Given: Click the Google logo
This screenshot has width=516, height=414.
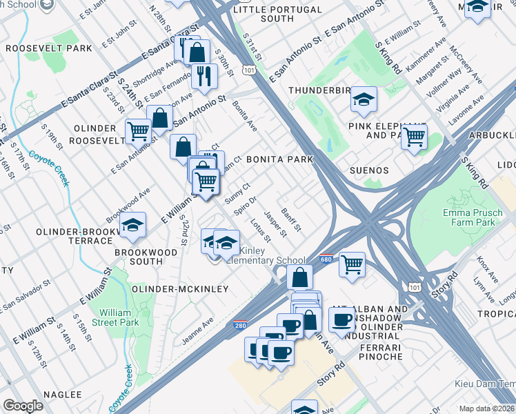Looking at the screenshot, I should (23, 406).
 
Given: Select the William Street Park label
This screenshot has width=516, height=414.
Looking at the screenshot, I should (119, 317).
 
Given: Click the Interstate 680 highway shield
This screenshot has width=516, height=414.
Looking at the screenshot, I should (326, 259).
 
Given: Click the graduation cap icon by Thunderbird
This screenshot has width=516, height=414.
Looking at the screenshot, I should (364, 100).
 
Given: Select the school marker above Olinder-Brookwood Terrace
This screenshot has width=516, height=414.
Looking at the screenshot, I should (132, 225).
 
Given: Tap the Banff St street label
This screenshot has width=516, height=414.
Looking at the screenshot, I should (291, 220).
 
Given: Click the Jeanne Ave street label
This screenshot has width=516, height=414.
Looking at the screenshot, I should (198, 332).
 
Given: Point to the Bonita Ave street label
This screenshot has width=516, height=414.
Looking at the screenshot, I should (244, 116).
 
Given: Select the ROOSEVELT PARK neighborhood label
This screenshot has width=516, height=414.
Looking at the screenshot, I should (48, 48).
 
